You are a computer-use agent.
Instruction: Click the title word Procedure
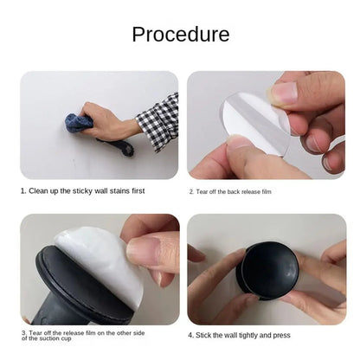click(x=180, y=35)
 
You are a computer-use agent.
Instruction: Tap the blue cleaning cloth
click(x=79, y=123)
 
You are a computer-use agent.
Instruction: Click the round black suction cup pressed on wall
click(x=269, y=270)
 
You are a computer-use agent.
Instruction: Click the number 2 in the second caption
click(x=190, y=191)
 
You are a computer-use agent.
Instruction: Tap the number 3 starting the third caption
click(x=23, y=331)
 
